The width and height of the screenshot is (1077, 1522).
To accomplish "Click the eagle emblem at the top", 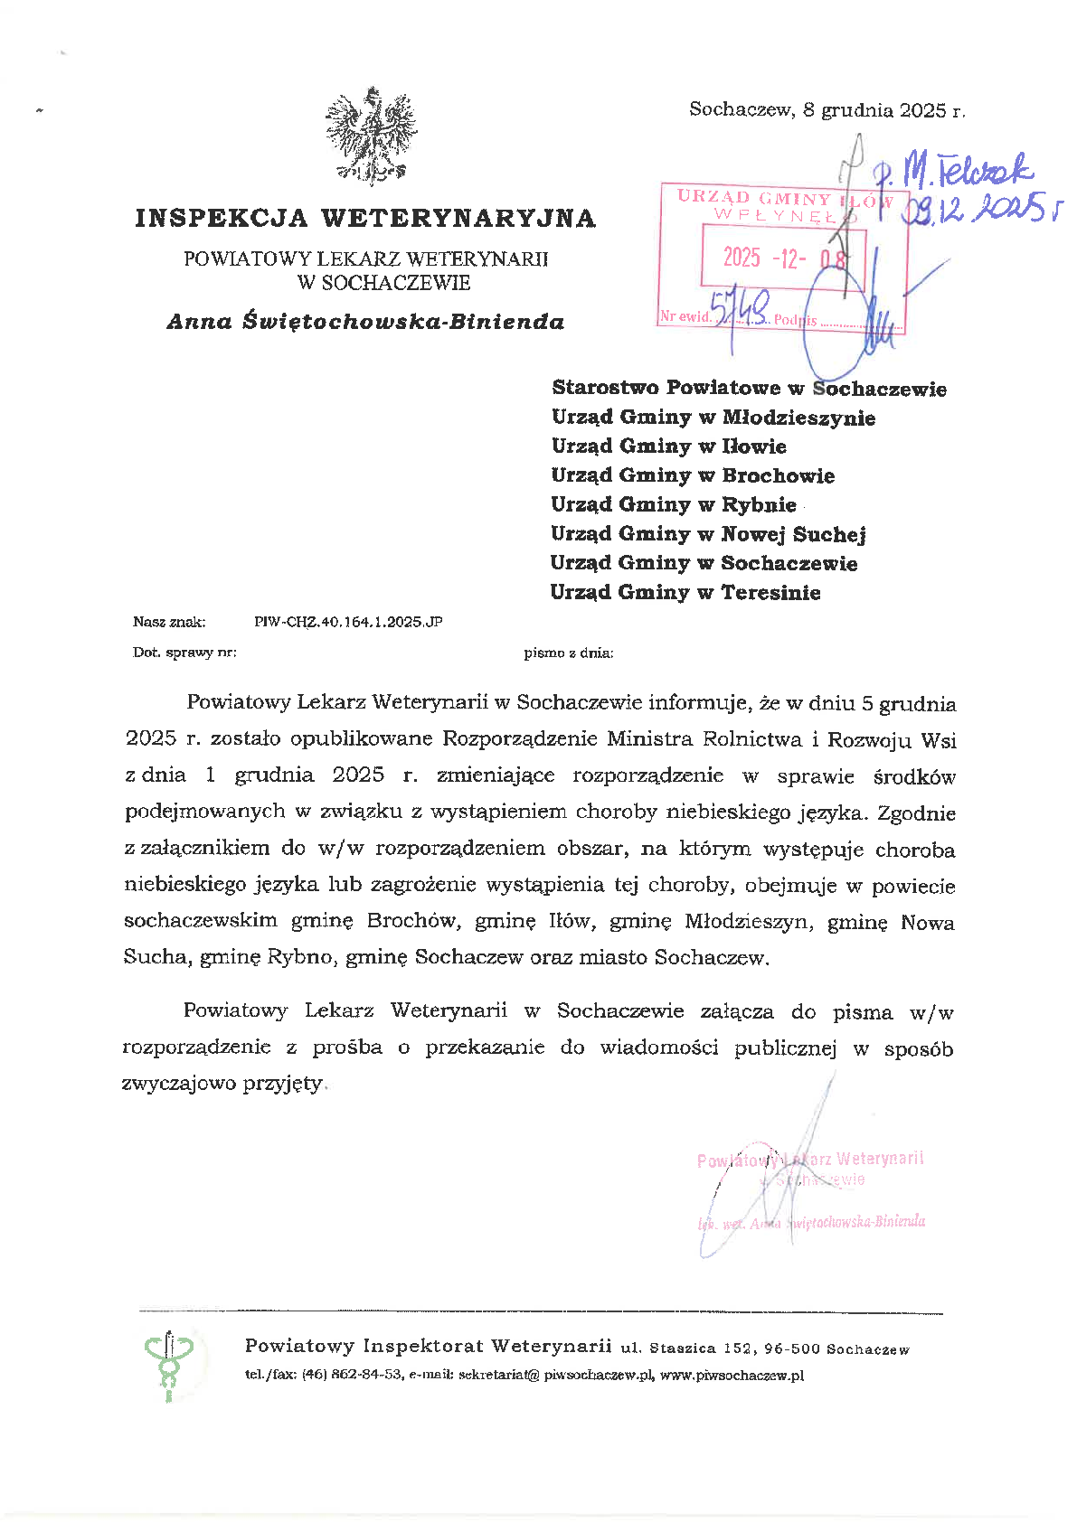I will click(371, 136).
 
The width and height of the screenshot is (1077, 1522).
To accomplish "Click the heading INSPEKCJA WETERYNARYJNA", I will click(365, 219).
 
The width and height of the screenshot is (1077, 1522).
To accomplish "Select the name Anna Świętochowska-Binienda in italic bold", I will click(365, 322).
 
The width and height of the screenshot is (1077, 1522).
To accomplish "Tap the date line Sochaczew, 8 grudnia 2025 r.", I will click(827, 110).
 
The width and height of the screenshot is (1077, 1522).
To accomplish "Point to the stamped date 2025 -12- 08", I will click(784, 258).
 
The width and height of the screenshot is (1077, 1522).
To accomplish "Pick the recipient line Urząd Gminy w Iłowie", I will click(668, 446).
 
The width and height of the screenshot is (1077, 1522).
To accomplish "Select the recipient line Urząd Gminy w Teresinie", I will click(685, 593).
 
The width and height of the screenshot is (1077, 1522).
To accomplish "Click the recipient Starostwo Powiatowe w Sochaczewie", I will click(749, 389).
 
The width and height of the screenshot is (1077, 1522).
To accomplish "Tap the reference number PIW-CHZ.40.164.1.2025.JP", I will click(348, 622).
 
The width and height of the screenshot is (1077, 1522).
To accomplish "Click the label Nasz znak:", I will click(169, 622).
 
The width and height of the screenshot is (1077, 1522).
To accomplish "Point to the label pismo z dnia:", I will click(568, 653).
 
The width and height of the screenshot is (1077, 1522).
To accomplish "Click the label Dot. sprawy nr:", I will click(184, 653).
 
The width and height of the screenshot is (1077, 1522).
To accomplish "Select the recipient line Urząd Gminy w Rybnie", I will click(674, 505).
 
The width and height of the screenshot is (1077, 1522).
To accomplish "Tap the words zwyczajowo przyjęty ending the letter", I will click(222, 1084).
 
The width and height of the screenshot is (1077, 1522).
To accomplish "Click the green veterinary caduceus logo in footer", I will click(169, 1362).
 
